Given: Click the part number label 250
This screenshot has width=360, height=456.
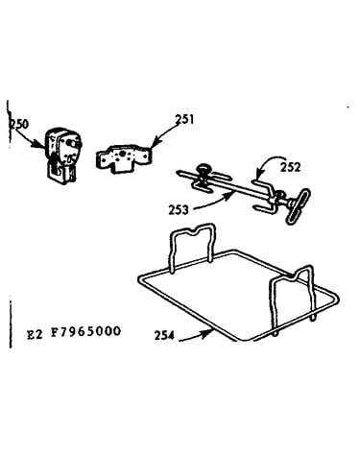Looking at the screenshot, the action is point(20,124).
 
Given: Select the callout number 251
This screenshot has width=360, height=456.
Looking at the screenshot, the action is point(184,119).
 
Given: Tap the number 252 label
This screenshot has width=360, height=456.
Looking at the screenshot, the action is point(291,167).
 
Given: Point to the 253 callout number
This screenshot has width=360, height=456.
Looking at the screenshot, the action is point(179,210).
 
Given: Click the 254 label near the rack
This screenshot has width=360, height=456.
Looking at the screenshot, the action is point(164,335).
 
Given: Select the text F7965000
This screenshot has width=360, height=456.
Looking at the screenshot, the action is point(86,331).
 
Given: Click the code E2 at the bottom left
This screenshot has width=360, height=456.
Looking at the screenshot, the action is point(35,334).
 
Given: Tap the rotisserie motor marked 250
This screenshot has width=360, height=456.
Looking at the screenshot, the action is point(63,156).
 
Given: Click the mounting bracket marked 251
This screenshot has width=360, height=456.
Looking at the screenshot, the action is point(123,157).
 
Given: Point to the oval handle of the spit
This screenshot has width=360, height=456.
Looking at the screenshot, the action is point(299,205).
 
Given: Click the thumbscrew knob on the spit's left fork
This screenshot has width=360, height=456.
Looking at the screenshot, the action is point(204,169).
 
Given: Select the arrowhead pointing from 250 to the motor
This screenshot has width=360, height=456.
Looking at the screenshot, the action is point(41,145).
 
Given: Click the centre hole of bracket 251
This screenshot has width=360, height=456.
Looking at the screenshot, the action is point(122,154).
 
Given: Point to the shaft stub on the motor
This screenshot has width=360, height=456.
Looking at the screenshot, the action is point(77,144).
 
